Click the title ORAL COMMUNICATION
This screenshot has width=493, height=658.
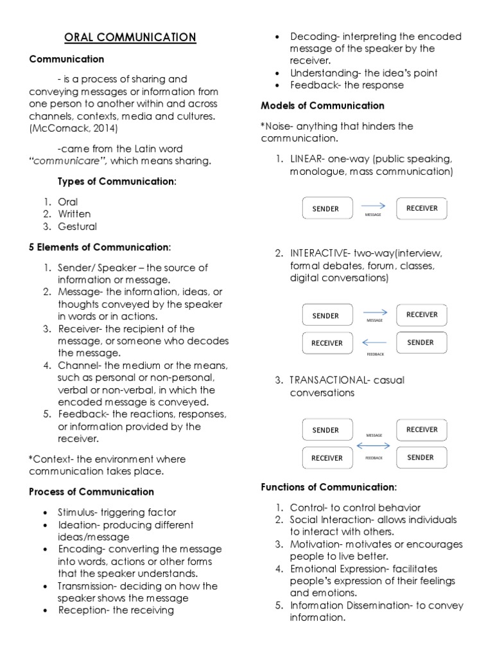click(x=130, y=37)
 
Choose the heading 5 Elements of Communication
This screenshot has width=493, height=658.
click(x=100, y=247)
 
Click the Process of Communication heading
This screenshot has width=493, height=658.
click(x=91, y=492)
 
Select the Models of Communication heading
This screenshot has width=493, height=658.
click(x=322, y=105)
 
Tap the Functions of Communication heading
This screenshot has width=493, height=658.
click(x=329, y=487)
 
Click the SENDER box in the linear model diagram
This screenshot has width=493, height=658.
click(x=326, y=208)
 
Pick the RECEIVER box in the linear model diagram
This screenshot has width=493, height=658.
click(x=421, y=208)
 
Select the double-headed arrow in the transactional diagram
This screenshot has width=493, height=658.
click(x=374, y=445)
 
